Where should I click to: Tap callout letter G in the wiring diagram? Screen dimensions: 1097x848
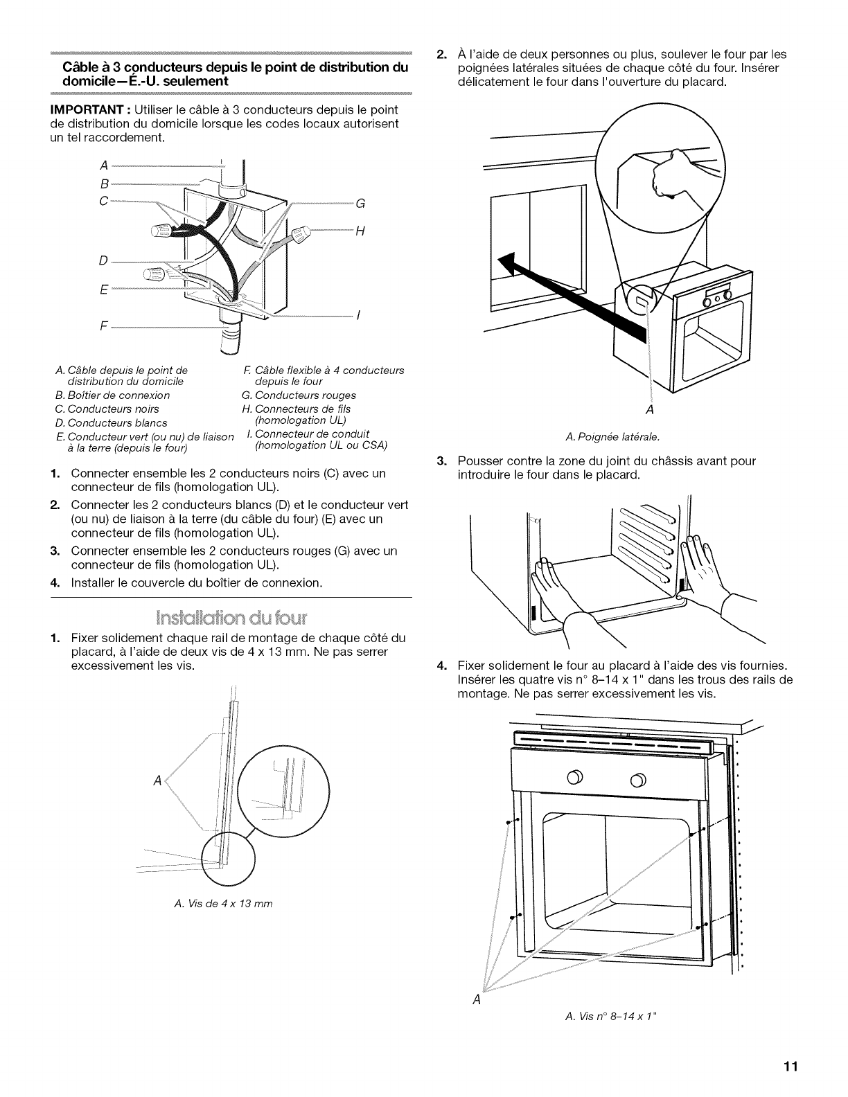(360, 204)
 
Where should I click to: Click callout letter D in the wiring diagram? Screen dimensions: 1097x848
(103, 261)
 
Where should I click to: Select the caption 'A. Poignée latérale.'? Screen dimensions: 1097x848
(612, 436)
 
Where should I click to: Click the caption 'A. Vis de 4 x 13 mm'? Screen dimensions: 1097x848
(222, 903)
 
